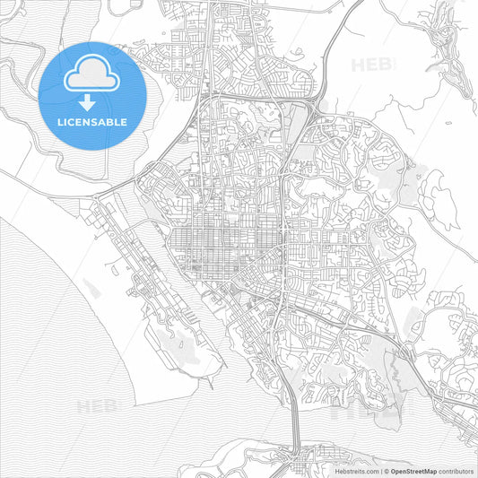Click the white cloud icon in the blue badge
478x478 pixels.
pos(92,73)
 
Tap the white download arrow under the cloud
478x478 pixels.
pos(92,100)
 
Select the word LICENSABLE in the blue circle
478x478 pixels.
pos(92,121)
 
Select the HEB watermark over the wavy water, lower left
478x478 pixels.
pos(97,406)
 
